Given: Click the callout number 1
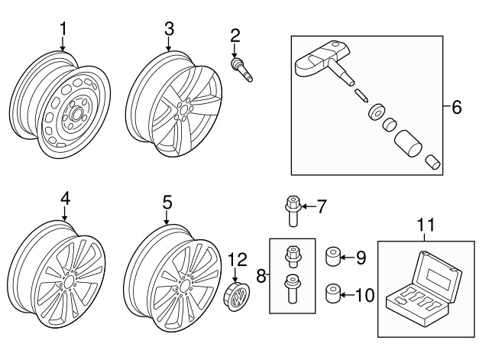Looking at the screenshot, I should tap(63, 29).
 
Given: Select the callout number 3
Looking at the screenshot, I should tap(169, 29).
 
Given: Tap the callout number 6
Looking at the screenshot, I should tap(456, 107).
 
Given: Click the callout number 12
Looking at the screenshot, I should tap(237, 261).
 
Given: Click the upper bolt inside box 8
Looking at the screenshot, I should tap(290, 255).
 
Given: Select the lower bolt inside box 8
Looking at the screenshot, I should tap(291, 289).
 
